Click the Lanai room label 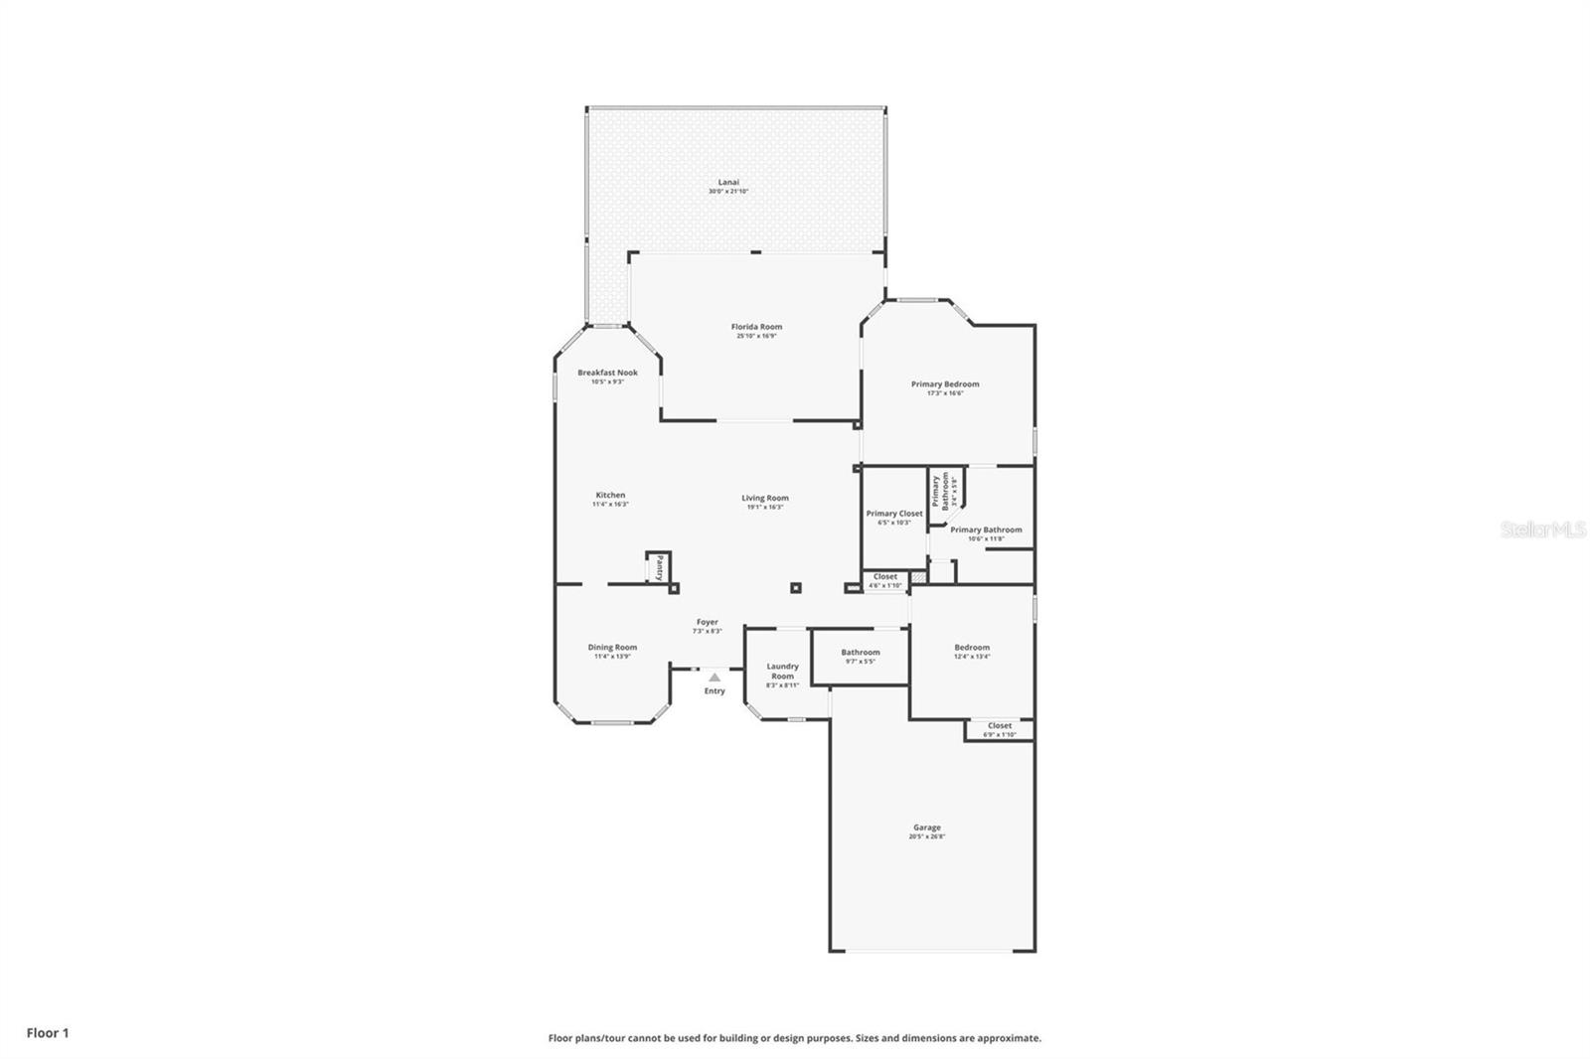point(728,183)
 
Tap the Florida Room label point(756,327)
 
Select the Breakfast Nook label point(607,373)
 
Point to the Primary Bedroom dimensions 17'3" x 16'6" point(945,393)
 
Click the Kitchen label point(610,495)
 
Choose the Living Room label point(764,499)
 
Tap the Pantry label point(659,568)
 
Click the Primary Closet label point(893,514)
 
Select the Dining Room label point(612,647)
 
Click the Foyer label point(707,622)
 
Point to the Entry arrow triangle point(715,677)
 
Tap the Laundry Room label point(782,671)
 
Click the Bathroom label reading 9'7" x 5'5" point(860,653)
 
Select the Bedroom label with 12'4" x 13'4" point(972,647)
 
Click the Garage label point(926,828)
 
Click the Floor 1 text point(48,1033)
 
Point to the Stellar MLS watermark point(1542,529)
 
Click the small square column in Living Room point(795,588)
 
